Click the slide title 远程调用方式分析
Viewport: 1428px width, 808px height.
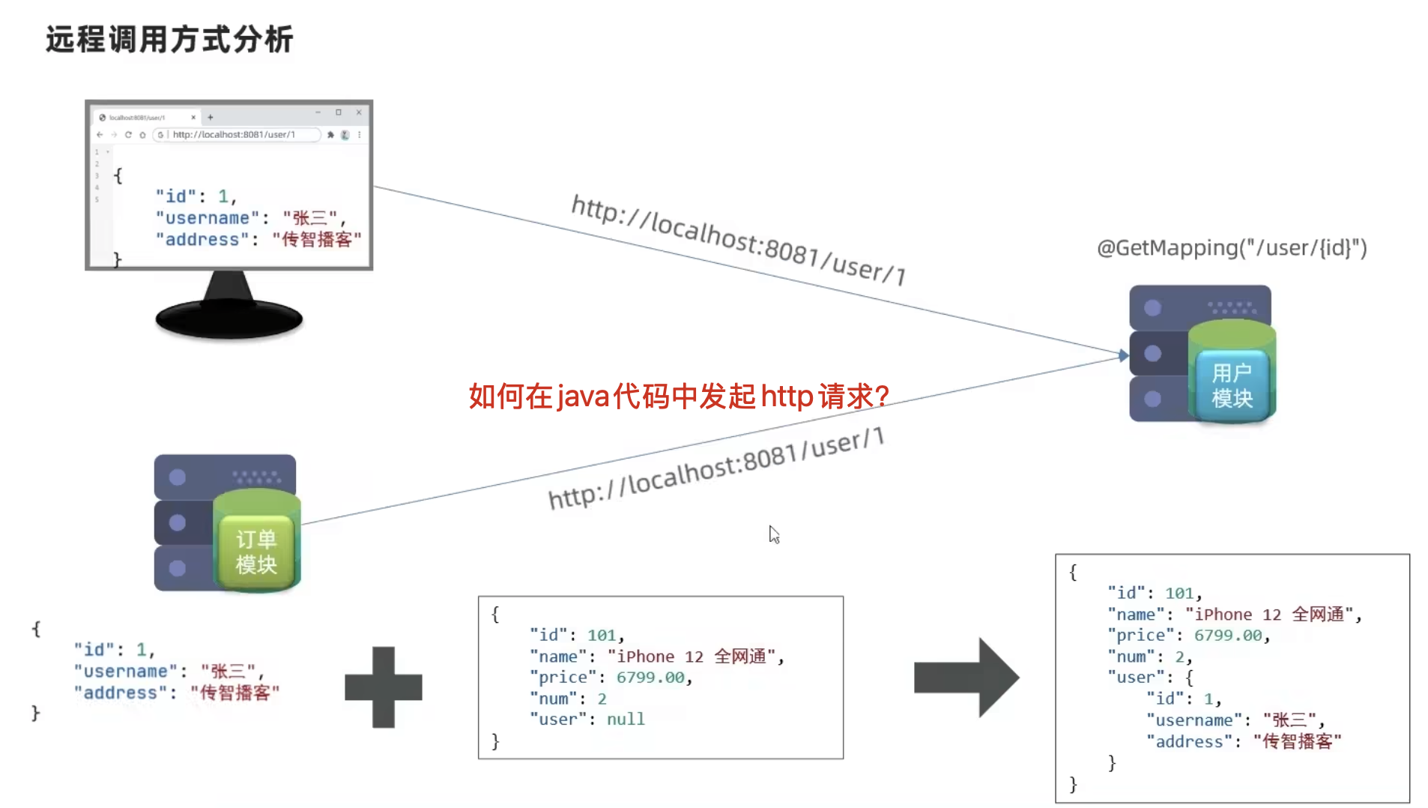(x=169, y=39)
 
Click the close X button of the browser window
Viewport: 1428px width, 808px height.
(x=359, y=112)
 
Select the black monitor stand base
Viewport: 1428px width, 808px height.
(x=229, y=319)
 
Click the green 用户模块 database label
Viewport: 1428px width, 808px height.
(x=1232, y=385)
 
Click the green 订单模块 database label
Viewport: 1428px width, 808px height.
(x=256, y=552)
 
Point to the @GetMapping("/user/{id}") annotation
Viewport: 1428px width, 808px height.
(x=1231, y=247)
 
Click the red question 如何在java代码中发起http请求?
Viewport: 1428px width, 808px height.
(x=679, y=396)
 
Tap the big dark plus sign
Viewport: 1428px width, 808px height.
(x=384, y=687)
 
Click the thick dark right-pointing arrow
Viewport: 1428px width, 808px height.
(x=966, y=678)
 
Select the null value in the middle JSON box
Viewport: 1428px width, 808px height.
(x=626, y=720)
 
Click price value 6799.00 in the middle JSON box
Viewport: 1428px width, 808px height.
(x=650, y=678)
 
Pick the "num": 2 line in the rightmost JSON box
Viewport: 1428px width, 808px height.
(x=1149, y=657)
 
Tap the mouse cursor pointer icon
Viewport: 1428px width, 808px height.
(x=774, y=534)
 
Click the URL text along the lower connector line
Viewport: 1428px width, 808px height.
(x=716, y=468)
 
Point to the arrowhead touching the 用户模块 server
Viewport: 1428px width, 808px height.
(x=1123, y=355)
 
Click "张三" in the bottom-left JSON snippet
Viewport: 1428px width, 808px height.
(x=229, y=671)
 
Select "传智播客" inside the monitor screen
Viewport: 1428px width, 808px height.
(x=317, y=240)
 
